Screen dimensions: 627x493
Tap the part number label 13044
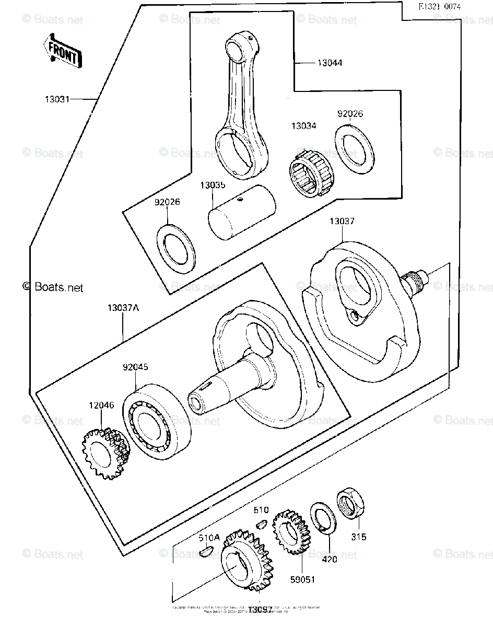(x=330, y=63)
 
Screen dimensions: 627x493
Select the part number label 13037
(x=342, y=222)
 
